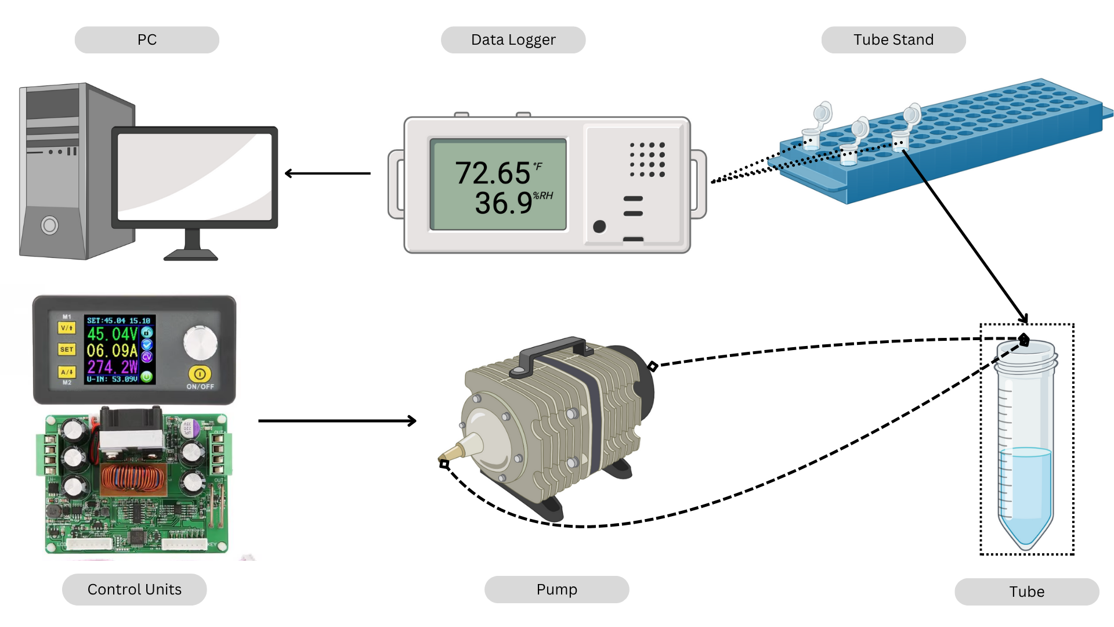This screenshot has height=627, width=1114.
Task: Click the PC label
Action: point(147,40)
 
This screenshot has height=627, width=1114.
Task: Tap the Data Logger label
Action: point(513,40)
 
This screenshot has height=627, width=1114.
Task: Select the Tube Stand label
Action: point(893,40)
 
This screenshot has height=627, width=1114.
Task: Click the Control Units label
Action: point(134,590)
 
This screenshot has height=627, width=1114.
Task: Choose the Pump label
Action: point(556,590)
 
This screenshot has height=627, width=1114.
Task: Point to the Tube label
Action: point(1026,592)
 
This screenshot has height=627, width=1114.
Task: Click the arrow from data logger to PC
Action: point(328,173)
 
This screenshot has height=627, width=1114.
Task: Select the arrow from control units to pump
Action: point(337,421)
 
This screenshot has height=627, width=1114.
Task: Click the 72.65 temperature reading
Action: point(493,173)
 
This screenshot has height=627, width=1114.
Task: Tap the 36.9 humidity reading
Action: point(504,203)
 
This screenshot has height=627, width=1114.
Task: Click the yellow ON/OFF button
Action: point(200,374)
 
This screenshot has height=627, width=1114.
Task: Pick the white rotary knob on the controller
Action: point(200,343)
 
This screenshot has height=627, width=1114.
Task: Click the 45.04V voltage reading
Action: point(113,334)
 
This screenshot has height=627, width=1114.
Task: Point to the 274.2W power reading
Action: point(113,367)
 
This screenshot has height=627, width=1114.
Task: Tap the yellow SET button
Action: point(67,349)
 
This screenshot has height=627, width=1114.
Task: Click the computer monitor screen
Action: point(195,176)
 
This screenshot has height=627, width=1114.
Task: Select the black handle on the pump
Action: point(551,351)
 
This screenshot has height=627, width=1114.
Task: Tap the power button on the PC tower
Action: point(50,225)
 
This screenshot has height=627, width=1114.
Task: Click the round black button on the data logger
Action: point(599,226)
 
